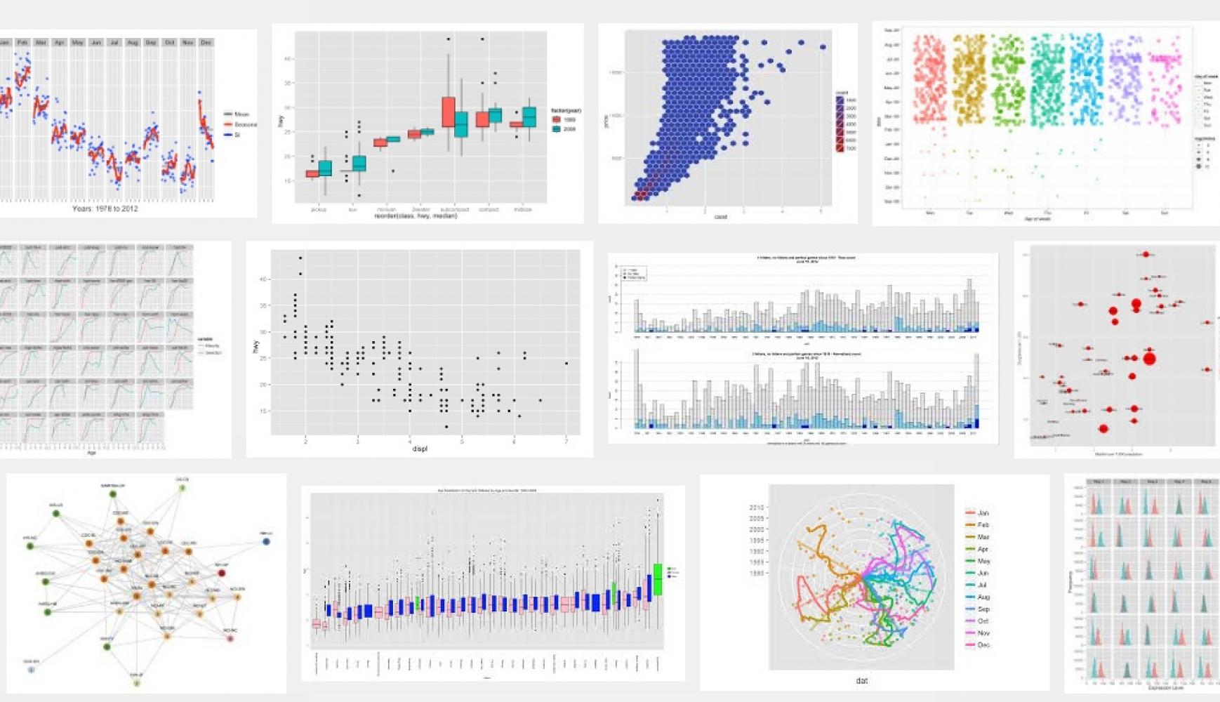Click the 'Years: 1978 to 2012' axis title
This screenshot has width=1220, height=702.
click(x=105, y=208)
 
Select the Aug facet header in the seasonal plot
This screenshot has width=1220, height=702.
click(x=133, y=42)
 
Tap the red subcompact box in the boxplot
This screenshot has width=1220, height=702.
click(x=449, y=112)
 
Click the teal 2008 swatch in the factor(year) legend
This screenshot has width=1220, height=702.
click(x=556, y=129)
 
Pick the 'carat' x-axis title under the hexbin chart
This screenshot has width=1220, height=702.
click(x=720, y=217)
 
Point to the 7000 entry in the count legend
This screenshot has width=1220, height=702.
click(x=840, y=148)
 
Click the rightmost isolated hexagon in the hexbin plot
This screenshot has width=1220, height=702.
click(x=823, y=47)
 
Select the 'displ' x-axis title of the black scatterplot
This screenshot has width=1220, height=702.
click(x=420, y=449)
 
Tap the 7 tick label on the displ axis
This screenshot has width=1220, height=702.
click(x=566, y=441)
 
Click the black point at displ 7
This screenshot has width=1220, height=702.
click(x=566, y=364)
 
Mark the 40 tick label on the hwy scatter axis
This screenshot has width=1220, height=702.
click(x=263, y=279)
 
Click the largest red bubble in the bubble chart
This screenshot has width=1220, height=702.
click(x=1149, y=359)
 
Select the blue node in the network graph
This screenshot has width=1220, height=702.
click(x=266, y=541)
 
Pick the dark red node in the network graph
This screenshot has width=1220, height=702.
click(x=223, y=573)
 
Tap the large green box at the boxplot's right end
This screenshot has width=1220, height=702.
click(x=658, y=579)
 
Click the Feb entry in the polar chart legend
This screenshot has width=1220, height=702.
click(x=983, y=525)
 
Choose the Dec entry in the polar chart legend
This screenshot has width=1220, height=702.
click(x=983, y=644)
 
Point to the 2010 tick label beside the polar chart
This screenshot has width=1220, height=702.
click(x=756, y=507)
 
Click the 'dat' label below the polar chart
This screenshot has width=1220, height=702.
click(x=861, y=680)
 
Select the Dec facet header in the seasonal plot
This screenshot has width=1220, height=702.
click(x=206, y=42)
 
